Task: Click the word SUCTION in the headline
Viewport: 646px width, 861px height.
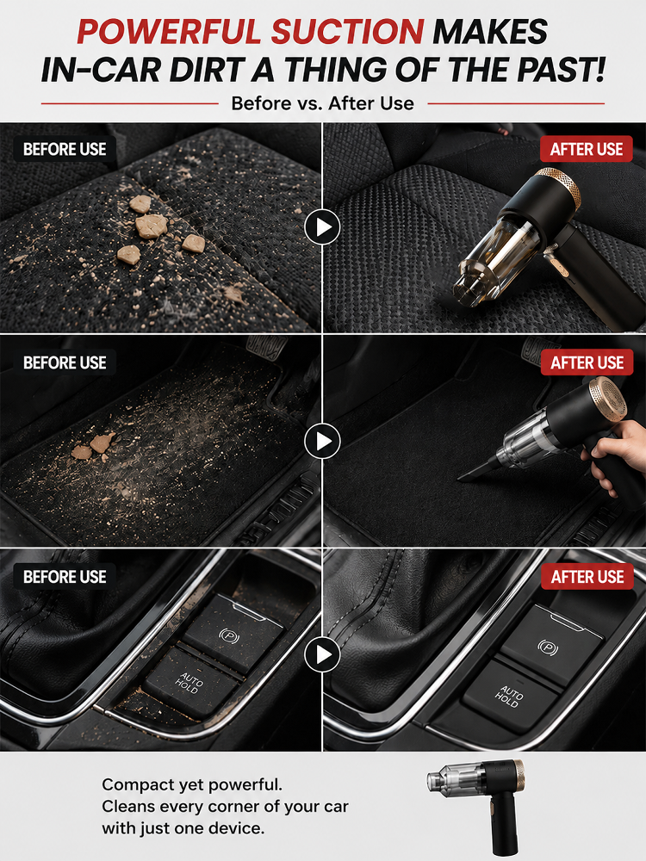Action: pyautogui.click(x=347, y=31)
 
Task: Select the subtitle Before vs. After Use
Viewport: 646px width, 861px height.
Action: pyautogui.click(x=322, y=102)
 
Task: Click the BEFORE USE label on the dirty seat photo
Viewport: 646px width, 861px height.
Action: pyautogui.click(x=65, y=149)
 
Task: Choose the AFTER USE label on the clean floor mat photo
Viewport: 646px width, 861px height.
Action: pyautogui.click(x=587, y=363)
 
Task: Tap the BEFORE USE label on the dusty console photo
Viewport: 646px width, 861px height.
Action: pyautogui.click(x=65, y=577)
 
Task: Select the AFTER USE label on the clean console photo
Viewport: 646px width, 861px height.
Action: pyautogui.click(x=587, y=577)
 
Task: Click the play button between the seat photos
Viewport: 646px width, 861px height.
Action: pyautogui.click(x=322, y=226)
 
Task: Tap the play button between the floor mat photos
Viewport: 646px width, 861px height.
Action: pyautogui.click(x=322, y=441)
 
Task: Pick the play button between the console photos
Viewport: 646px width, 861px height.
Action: pyautogui.click(x=322, y=654)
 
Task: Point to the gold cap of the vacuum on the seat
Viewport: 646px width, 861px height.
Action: pyautogui.click(x=560, y=187)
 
